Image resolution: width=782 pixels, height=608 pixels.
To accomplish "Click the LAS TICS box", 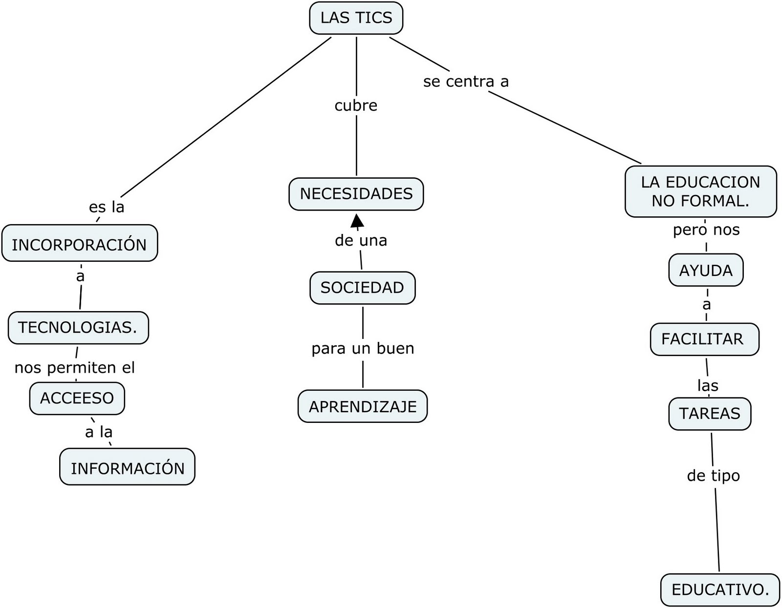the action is pyautogui.click(x=356, y=18).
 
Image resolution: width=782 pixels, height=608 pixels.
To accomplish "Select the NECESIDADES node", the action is pyautogui.click(x=356, y=194).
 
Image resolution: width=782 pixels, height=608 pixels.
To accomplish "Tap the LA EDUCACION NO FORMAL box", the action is pyautogui.click(x=700, y=191).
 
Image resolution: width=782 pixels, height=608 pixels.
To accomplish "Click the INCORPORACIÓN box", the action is pyautogui.click(x=79, y=244).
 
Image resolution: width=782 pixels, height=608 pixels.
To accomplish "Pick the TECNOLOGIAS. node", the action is pyautogui.click(x=78, y=327).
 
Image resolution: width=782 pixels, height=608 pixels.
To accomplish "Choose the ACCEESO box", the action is pyautogui.click(x=77, y=398).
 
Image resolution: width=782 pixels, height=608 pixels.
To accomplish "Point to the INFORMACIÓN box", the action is pyautogui.click(x=127, y=467).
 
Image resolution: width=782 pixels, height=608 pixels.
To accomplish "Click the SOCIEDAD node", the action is pyautogui.click(x=362, y=288).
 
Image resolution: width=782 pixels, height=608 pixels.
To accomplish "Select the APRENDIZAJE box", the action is pyautogui.click(x=362, y=406).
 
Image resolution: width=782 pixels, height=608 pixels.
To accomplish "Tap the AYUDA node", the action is pyautogui.click(x=706, y=270).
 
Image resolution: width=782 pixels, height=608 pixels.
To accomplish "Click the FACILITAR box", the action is pyautogui.click(x=704, y=339).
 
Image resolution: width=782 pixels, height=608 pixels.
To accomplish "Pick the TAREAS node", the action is pyautogui.click(x=709, y=414).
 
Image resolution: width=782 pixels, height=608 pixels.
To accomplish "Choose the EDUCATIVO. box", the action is pyautogui.click(x=719, y=589).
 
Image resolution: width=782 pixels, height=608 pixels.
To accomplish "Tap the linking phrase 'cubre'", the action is pyautogui.click(x=356, y=105).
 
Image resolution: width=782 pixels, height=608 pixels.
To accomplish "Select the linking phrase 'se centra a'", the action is pyautogui.click(x=466, y=82).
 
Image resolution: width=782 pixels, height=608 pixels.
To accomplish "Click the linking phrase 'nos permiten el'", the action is pyautogui.click(x=74, y=367).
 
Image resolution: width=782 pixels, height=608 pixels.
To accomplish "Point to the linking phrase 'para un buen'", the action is pyautogui.click(x=363, y=348).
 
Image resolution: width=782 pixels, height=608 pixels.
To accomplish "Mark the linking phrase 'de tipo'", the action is pyautogui.click(x=713, y=475).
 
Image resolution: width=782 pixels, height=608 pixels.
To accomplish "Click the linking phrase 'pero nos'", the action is pyautogui.click(x=706, y=230).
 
